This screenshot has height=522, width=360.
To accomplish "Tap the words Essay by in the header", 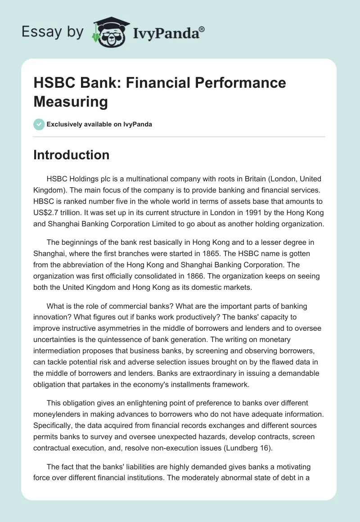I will (52, 32).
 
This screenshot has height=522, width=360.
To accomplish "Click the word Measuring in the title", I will (70, 101).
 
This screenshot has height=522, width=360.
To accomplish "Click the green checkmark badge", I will (39, 124).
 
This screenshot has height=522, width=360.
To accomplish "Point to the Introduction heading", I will (71, 155).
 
